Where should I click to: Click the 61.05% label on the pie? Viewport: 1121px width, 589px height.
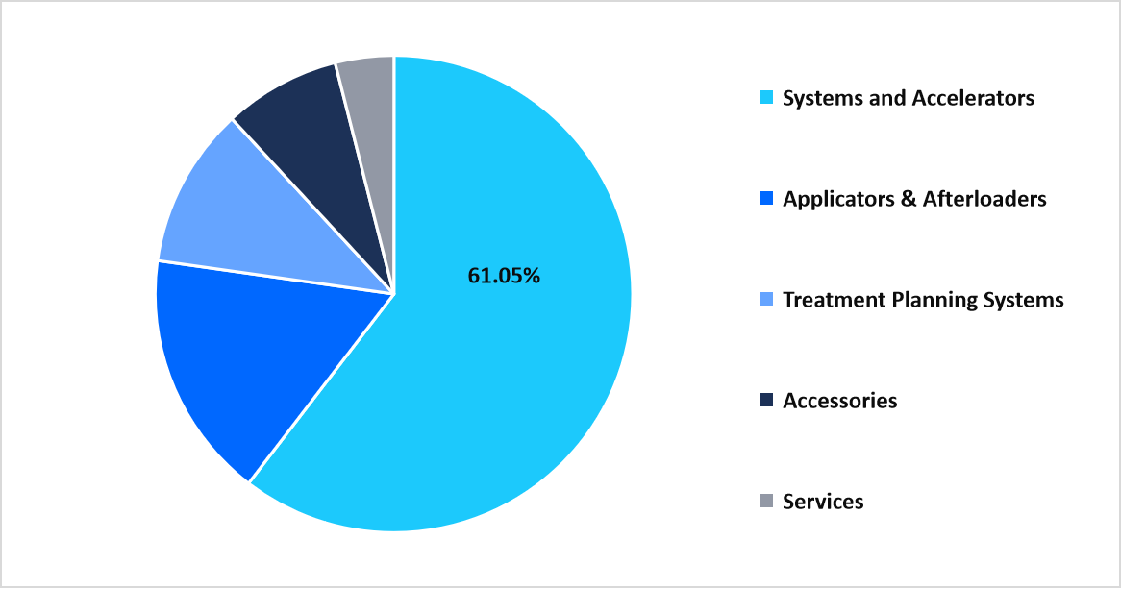tap(504, 276)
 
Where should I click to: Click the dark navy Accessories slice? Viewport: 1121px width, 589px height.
tap(308, 135)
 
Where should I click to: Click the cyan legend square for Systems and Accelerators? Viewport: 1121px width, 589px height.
tap(766, 98)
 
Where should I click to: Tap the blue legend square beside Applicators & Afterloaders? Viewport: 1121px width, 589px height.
tap(766, 199)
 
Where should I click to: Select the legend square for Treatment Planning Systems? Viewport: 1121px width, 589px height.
tap(766, 300)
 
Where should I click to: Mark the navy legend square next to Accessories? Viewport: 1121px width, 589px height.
tap(766, 401)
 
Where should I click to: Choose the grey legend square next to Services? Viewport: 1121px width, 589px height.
tap(766, 501)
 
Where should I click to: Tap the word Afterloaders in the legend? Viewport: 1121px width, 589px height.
tap(984, 199)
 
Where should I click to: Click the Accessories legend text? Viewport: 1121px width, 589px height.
tap(839, 401)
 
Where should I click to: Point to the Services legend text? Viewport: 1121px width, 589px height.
tap(823, 502)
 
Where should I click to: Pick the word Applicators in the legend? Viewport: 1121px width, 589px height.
tap(836, 200)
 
